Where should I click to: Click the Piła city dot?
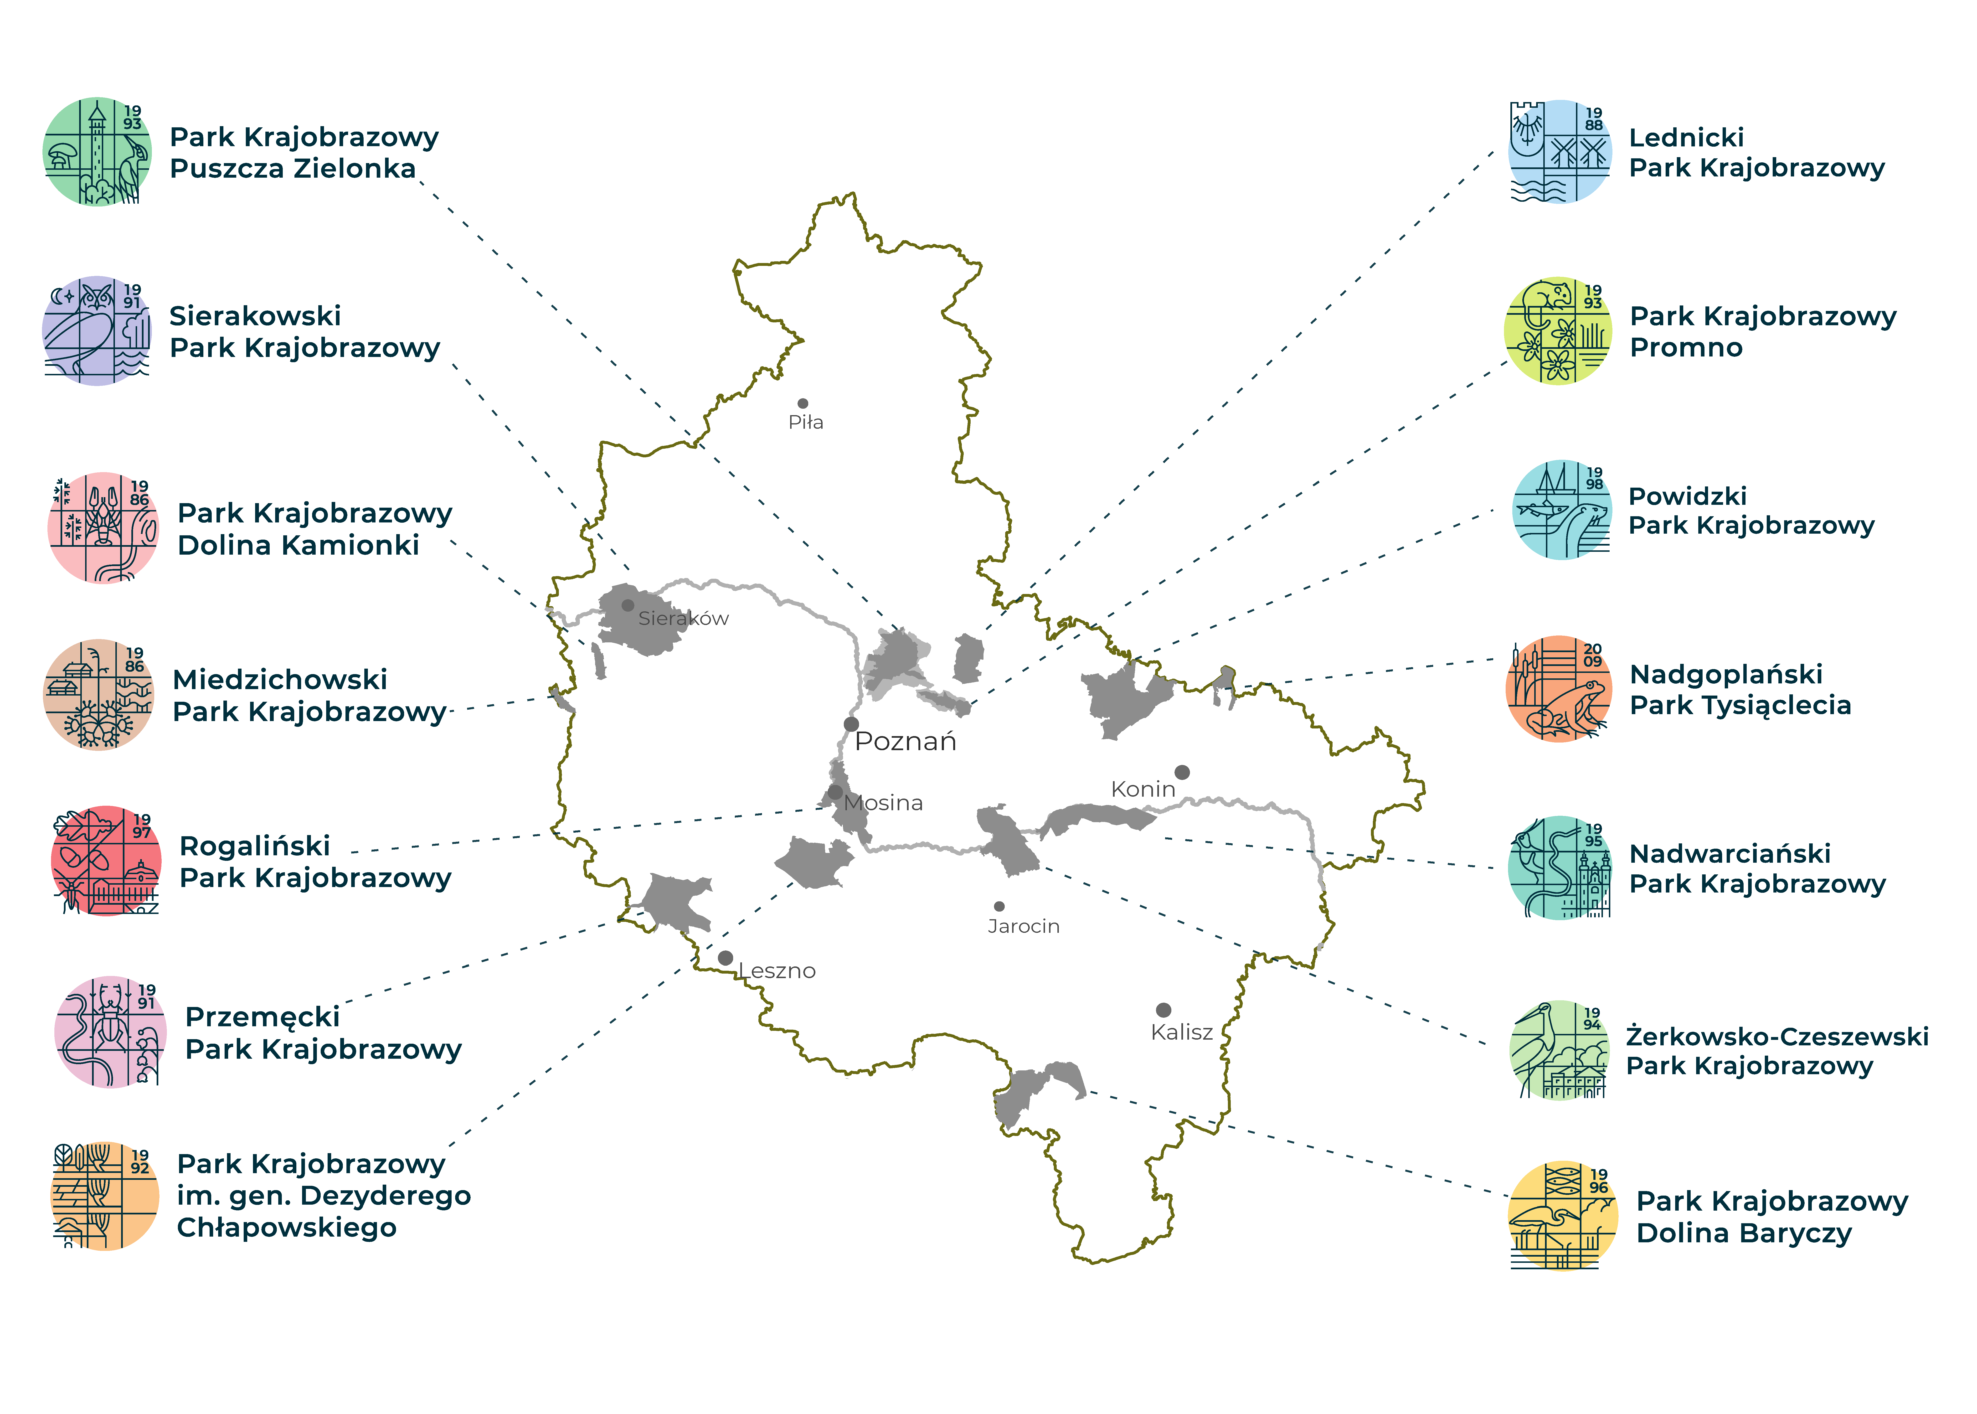(803, 403)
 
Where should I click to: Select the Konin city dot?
(1181, 772)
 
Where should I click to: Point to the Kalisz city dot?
(1163, 1010)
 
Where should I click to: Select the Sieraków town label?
(683, 619)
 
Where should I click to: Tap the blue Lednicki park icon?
(1560, 151)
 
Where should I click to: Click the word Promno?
(1686, 347)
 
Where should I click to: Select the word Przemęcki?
(262, 1017)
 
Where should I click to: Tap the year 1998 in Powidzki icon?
(1594, 478)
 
